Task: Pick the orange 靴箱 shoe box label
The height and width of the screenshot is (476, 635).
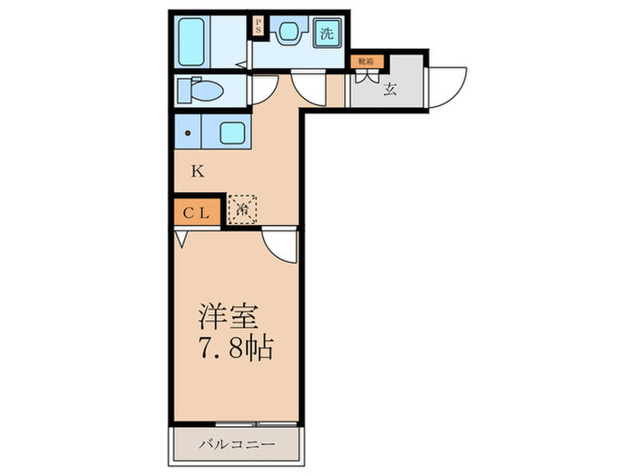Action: click(366, 63)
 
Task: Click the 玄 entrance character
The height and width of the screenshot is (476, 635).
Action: click(390, 89)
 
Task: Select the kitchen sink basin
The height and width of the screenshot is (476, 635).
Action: click(231, 134)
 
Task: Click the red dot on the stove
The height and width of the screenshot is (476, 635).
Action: click(189, 134)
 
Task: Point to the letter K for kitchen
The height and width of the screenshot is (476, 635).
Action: click(196, 170)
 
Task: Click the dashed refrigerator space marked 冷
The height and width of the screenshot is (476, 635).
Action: click(242, 210)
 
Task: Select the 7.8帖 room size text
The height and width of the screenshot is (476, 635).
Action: click(236, 349)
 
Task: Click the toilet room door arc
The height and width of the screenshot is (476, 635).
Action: click(263, 91)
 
